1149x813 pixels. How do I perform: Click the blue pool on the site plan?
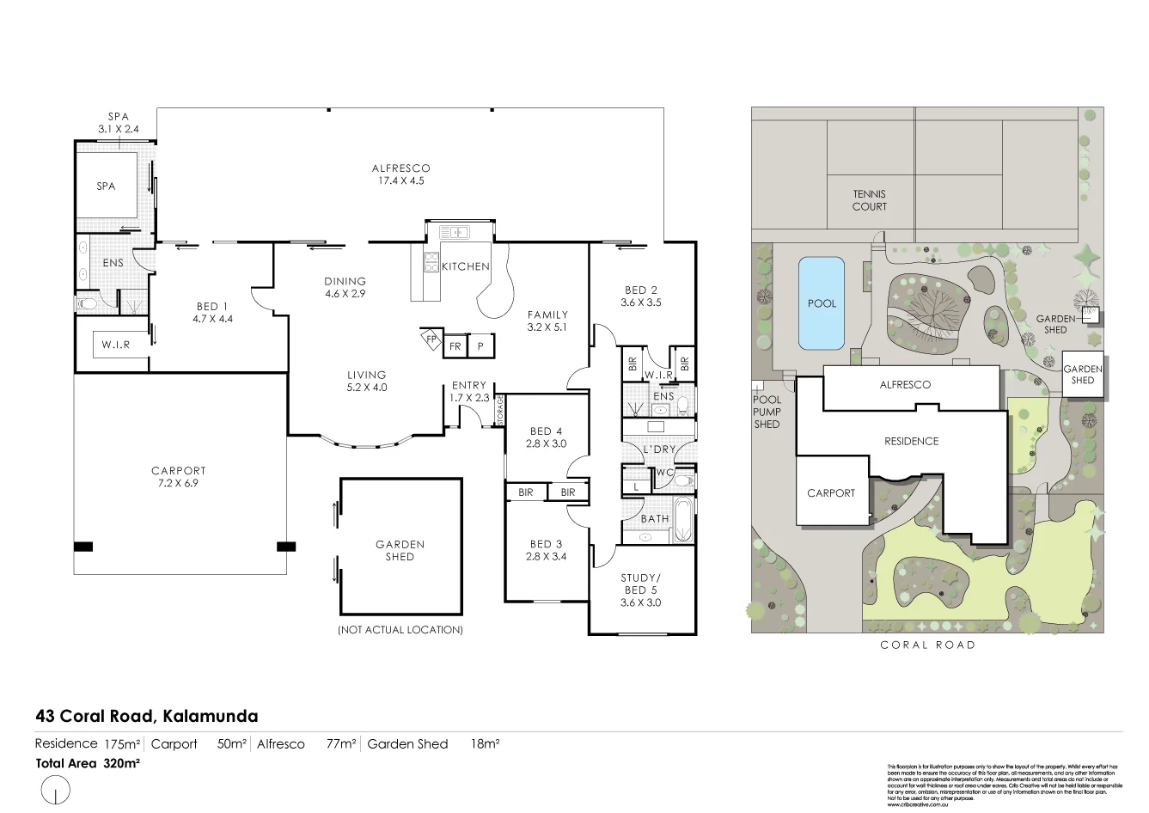click(x=822, y=303)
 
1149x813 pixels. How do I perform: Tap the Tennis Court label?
click(x=869, y=200)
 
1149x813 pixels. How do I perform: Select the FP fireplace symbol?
click(x=431, y=339)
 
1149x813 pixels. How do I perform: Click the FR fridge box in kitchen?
click(x=455, y=346)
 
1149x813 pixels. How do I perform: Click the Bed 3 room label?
click(x=546, y=550)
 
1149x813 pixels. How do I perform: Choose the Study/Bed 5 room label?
click(x=641, y=590)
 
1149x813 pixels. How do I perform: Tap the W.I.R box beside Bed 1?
click(x=115, y=345)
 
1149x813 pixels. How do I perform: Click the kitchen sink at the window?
click(x=453, y=231)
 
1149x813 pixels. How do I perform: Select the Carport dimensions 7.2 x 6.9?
click(x=179, y=483)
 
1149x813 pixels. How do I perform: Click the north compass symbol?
click(x=55, y=789)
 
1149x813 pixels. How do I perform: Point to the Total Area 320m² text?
click(x=88, y=762)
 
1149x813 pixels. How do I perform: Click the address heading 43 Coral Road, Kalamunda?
click(x=146, y=716)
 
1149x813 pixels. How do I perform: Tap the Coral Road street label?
click(x=927, y=645)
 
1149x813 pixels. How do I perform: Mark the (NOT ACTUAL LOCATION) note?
click(x=400, y=630)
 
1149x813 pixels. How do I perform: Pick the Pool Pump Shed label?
click(x=767, y=412)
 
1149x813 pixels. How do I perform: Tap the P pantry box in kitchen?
click(x=480, y=346)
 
